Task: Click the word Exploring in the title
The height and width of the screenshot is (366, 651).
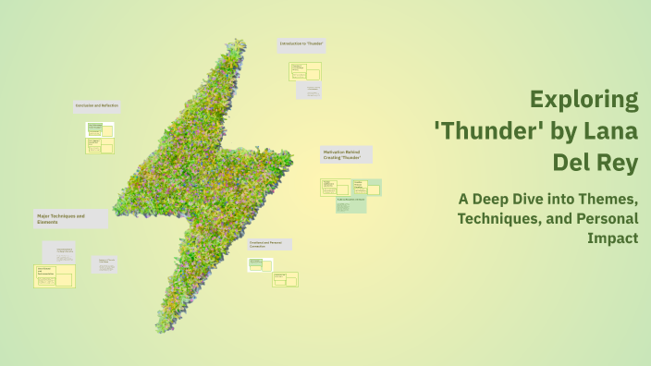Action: tap(584, 100)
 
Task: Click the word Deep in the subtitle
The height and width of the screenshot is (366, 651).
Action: tap(510, 199)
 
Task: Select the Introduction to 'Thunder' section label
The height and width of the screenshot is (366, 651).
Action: tap(301, 44)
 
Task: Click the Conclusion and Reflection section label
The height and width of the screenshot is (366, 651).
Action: tap(97, 105)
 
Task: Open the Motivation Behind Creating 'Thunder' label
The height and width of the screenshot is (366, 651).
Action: tap(346, 153)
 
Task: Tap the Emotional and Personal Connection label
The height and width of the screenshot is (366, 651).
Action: tap(269, 244)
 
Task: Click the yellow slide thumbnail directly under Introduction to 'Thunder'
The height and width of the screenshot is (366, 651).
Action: tap(305, 71)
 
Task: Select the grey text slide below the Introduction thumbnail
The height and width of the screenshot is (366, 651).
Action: tap(308, 91)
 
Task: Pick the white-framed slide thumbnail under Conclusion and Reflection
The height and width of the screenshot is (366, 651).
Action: tap(100, 128)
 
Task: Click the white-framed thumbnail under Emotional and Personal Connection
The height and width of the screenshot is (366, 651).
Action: tap(260, 263)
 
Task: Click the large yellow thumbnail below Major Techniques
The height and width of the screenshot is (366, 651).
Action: tap(55, 275)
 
